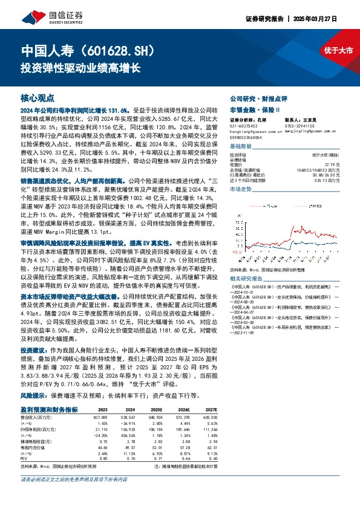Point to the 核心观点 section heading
coord(38,97)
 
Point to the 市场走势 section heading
coord(241,190)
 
